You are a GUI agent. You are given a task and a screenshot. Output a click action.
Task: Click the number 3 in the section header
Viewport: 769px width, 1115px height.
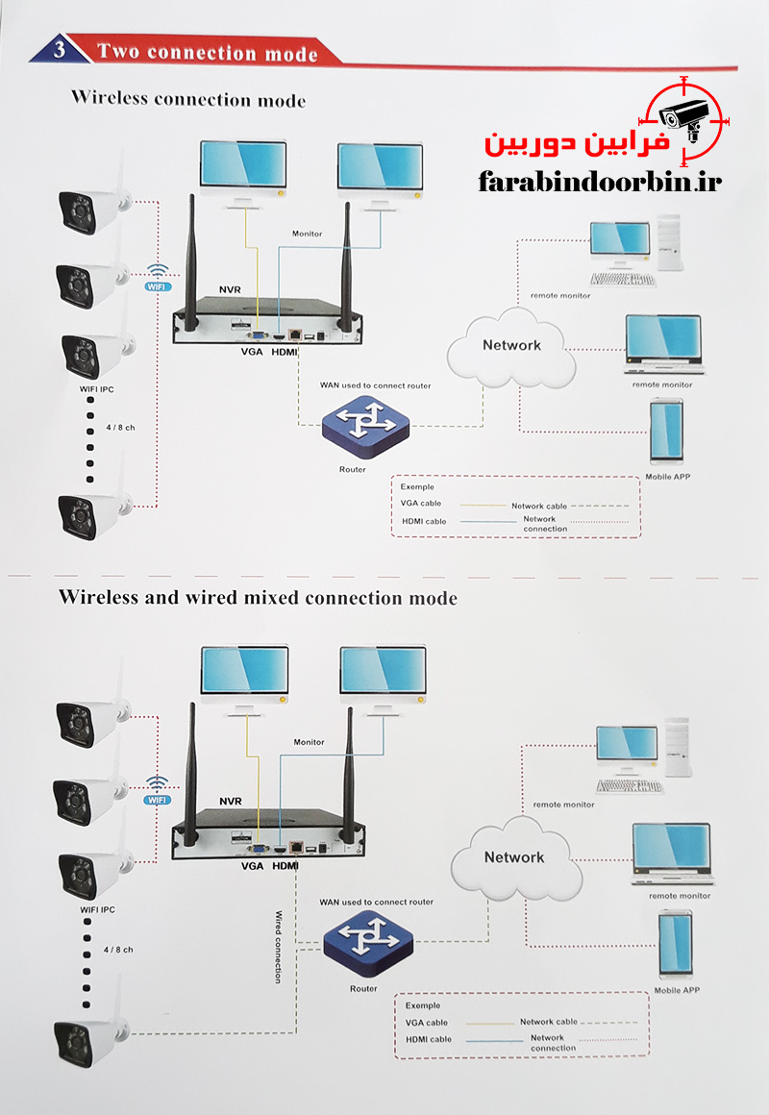click(61, 52)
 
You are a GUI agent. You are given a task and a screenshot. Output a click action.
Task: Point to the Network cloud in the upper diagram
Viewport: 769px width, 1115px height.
click(511, 346)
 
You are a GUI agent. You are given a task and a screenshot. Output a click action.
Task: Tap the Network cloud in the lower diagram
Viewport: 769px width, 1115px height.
click(513, 857)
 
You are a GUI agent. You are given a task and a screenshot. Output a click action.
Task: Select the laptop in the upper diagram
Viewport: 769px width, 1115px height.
click(663, 343)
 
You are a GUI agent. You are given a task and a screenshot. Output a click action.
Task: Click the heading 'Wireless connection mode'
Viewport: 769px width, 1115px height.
click(188, 99)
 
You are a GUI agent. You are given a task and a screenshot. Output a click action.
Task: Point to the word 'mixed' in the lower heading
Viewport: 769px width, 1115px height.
click(267, 597)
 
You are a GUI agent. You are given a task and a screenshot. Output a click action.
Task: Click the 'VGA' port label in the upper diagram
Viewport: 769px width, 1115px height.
click(252, 352)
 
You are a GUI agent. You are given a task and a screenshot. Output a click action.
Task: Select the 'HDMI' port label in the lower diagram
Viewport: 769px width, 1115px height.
click(285, 866)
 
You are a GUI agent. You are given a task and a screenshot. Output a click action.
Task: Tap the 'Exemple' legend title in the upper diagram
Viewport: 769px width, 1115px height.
click(417, 486)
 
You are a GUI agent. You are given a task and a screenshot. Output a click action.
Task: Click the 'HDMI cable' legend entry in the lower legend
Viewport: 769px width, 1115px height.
click(428, 1039)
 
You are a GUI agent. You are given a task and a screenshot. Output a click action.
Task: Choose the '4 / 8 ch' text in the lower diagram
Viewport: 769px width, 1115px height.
click(118, 950)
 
